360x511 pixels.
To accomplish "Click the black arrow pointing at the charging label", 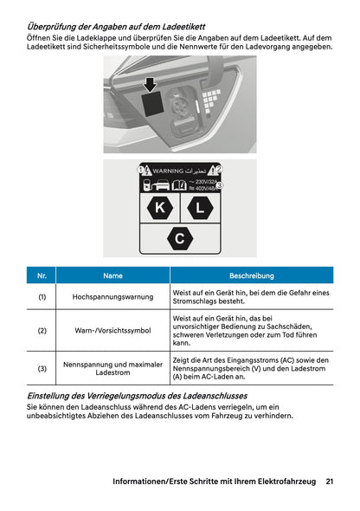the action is [x=151, y=83].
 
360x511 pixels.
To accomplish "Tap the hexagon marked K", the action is [x=158, y=209].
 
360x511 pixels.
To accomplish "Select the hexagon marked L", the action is [x=200, y=209].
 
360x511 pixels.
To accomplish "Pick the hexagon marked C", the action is [x=179, y=238].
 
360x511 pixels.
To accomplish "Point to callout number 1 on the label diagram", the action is [x=141, y=171].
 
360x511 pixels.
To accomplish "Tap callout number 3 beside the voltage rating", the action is [x=219, y=186].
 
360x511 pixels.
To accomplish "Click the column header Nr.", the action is [x=42, y=275].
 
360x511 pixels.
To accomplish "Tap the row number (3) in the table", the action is [x=42, y=369].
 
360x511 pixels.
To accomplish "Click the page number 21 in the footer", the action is [x=330, y=481].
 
